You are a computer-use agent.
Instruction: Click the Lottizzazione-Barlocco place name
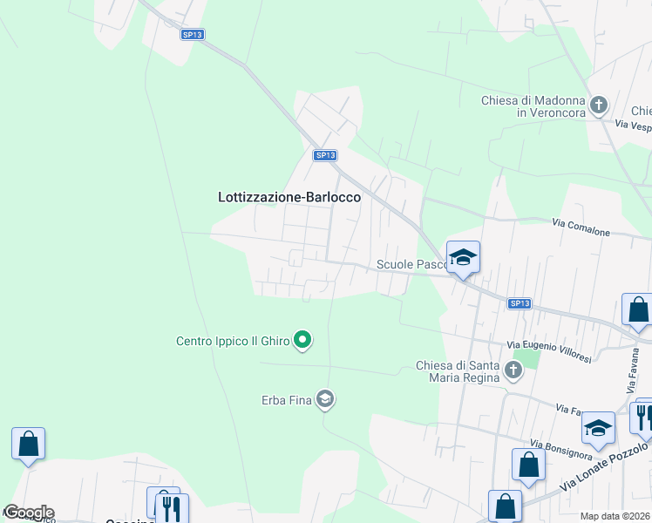[x=289, y=198]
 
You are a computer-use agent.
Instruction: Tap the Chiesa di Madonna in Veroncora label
[x=533, y=106]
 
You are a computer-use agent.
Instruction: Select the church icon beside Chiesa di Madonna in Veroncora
[x=598, y=106]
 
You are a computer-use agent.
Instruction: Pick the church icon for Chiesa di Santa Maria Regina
[x=513, y=371]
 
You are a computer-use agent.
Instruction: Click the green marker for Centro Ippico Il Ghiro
[x=302, y=339]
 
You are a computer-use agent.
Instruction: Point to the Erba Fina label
[x=287, y=400]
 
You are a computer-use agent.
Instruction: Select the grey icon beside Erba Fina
[x=325, y=400]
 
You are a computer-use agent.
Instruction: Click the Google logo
[x=28, y=513]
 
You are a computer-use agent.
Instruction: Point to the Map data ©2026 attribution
[x=615, y=516]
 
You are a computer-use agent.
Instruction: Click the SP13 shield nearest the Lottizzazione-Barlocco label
[x=324, y=155]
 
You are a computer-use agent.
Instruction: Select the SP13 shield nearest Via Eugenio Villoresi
[x=519, y=303]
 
